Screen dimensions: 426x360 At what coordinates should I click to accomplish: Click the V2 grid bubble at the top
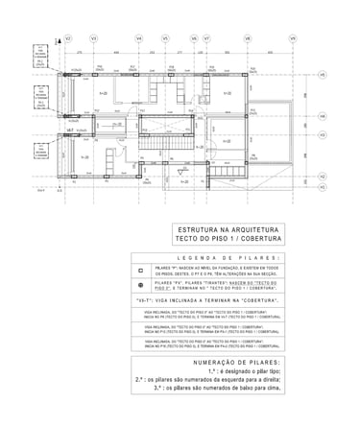pos(68,38)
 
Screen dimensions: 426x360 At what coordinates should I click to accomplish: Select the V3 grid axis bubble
pos(93,38)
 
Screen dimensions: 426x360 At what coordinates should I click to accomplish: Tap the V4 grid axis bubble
pos(139,38)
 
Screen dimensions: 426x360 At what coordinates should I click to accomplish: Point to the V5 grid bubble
pos(166,38)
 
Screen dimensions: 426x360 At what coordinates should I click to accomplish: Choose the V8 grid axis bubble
pos(248,38)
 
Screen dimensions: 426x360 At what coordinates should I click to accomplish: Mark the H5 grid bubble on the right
pos(323,74)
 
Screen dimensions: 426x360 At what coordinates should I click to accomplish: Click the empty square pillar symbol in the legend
pos(140,272)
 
